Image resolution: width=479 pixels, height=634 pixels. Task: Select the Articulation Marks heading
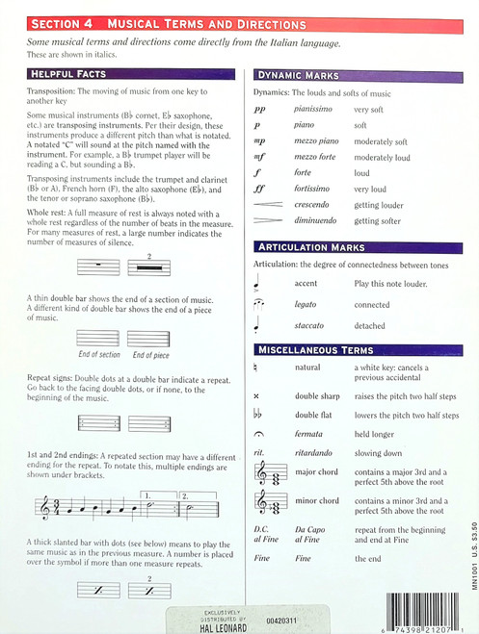pos(310,247)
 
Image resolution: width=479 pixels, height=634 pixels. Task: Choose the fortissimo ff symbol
pos(258,190)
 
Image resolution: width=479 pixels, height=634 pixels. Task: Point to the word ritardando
pos(317,452)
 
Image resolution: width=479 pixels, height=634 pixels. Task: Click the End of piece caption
pos(150,355)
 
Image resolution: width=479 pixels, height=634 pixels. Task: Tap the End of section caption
pos(99,355)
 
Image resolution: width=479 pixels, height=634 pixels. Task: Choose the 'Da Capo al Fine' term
pos(317,535)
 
